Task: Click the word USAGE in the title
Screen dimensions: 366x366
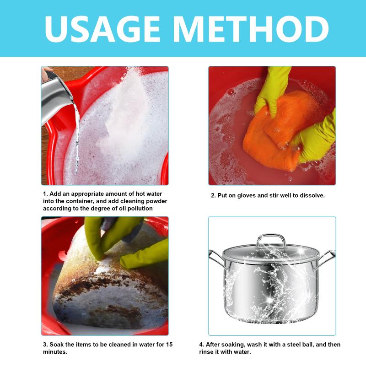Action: coord(102,29)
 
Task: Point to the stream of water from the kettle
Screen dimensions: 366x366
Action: coord(76,138)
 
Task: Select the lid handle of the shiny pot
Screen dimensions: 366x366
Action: coord(271,241)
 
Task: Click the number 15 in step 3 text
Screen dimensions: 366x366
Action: coord(169,344)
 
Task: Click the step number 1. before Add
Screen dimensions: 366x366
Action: coord(45,194)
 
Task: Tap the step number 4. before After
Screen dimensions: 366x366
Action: coord(201,344)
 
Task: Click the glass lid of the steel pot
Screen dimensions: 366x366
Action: coord(271,254)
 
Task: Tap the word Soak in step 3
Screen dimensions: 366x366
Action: coord(56,344)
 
